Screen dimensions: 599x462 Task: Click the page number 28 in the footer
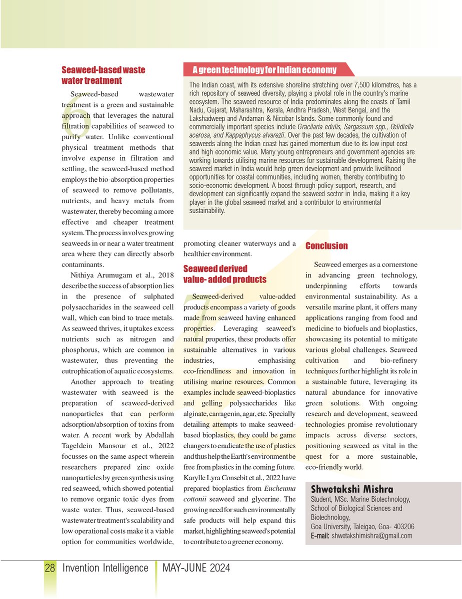point(49,568)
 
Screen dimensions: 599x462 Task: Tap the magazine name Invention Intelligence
point(105,568)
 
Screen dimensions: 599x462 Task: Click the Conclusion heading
point(326,246)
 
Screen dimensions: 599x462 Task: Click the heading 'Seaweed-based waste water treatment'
point(103,75)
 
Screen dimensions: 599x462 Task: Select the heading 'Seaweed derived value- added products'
point(224,274)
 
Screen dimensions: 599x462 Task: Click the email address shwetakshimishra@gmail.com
point(372,536)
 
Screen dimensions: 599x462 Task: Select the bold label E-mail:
point(320,536)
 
